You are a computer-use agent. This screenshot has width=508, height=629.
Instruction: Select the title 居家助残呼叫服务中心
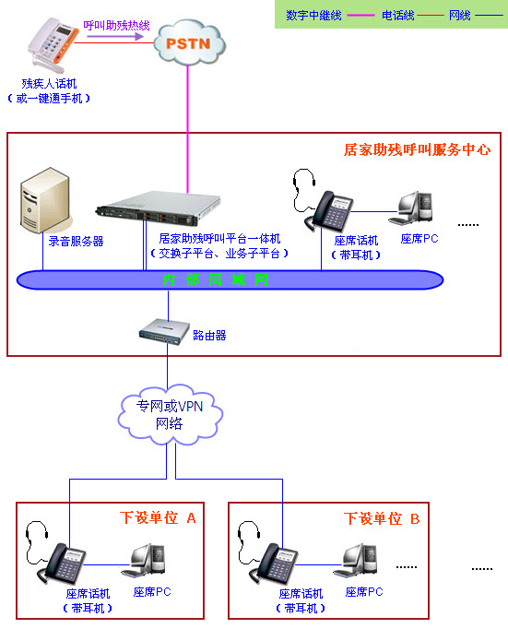pyautogui.click(x=417, y=148)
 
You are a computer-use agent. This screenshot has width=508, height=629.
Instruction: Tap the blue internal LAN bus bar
pyautogui.click(x=221, y=279)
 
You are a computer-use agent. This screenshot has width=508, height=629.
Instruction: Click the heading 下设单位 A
pyautogui.click(x=158, y=518)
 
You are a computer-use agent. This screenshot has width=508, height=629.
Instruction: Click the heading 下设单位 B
pyautogui.click(x=382, y=518)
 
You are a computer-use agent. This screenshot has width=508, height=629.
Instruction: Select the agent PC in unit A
pyautogui.click(x=148, y=562)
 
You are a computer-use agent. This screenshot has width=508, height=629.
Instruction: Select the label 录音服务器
pyautogui.click(x=76, y=242)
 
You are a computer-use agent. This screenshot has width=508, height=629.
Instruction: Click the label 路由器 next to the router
pyautogui.click(x=209, y=336)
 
